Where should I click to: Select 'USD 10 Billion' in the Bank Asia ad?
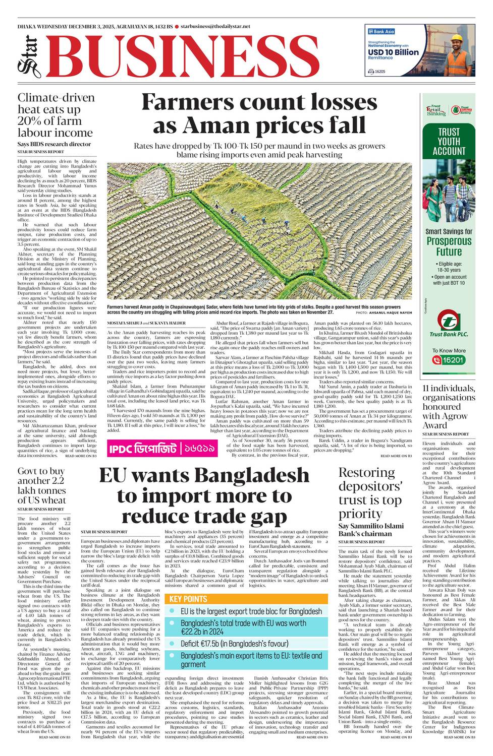pos(393,52)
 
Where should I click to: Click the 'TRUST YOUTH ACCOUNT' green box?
pos(449,142)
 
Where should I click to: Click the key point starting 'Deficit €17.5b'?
pos(235,644)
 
